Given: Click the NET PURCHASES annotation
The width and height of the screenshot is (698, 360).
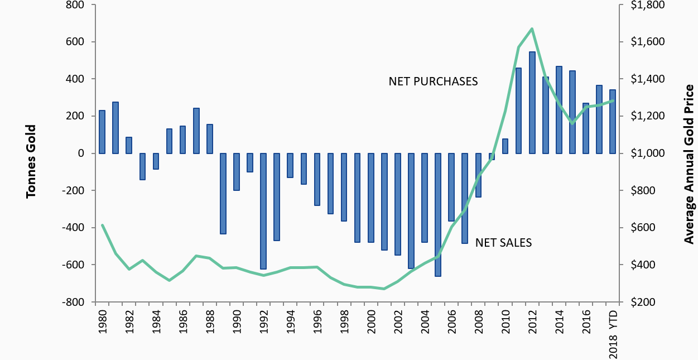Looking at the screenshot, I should [433, 81].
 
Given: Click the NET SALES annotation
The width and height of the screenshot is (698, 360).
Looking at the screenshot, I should [503, 243].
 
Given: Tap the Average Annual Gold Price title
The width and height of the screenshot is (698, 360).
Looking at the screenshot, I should [689, 164].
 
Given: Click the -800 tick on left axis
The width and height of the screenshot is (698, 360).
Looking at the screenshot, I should [72, 302].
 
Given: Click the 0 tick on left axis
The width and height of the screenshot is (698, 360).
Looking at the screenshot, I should [80, 153].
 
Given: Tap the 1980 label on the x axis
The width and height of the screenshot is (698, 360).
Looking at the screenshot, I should [102, 322].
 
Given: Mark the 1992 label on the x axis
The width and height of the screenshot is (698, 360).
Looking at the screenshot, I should [263, 322].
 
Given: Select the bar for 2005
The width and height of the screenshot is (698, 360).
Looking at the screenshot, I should [438, 215].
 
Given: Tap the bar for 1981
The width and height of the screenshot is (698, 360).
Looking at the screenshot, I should [115, 128].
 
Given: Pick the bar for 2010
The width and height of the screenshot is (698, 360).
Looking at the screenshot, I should [506, 146].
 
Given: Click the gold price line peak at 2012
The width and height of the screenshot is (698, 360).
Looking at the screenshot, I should [532, 28].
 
